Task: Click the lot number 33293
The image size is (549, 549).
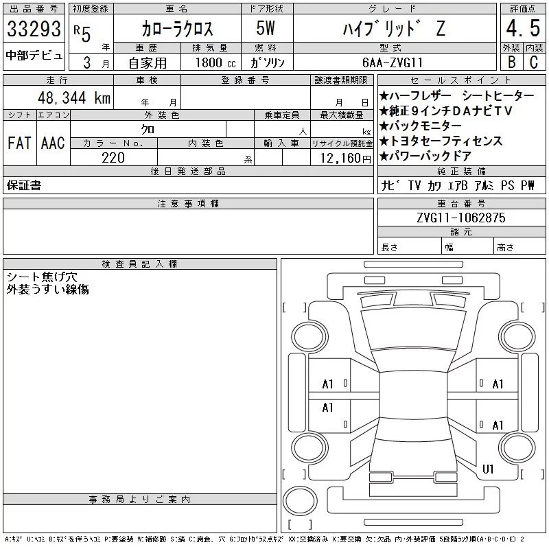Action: pyautogui.click(x=34, y=29)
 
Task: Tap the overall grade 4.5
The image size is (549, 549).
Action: pyautogui.click(x=523, y=28)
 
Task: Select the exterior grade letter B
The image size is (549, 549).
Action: pyautogui.click(x=511, y=62)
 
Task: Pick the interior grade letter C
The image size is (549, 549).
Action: pyautogui.click(x=534, y=62)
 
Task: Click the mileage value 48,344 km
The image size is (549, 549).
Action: pyautogui.click(x=74, y=97)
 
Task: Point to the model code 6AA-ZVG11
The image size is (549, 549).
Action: pyautogui.click(x=393, y=62)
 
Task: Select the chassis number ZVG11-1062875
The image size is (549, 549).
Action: pyautogui.click(x=460, y=218)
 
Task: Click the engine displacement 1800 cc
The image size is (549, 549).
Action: pyautogui.click(x=215, y=62)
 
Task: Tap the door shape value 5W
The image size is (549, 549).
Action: pyautogui.click(x=266, y=28)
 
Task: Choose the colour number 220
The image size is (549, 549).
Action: pyautogui.click(x=113, y=158)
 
